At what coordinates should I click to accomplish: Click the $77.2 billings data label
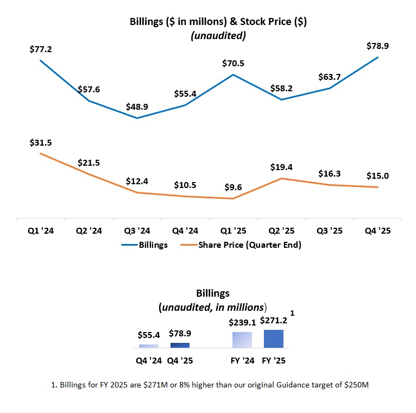click(x=40, y=49)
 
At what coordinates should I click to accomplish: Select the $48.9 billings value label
click(x=137, y=106)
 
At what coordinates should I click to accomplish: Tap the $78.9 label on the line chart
click(x=378, y=46)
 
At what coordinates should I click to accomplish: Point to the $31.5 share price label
click(x=40, y=142)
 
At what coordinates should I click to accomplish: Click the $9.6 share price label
click(x=234, y=187)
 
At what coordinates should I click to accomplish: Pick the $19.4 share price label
click(x=281, y=167)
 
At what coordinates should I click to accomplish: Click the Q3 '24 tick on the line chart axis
click(x=137, y=230)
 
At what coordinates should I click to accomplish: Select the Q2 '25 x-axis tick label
click(x=281, y=230)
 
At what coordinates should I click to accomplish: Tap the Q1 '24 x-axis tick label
click(x=40, y=230)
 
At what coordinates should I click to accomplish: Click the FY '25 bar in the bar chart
click(x=274, y=339)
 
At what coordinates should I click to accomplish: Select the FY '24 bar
click(x=242, y=340)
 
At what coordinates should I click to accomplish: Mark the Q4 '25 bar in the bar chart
click(x=180, y=345)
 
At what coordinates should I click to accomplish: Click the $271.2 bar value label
click(x=274, y=321)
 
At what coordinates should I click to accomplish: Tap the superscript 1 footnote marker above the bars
click(x=293, y=314)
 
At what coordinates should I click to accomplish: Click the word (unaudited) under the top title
click(x=218, y=36)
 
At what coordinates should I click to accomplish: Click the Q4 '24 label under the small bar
click(x=149, y=360)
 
